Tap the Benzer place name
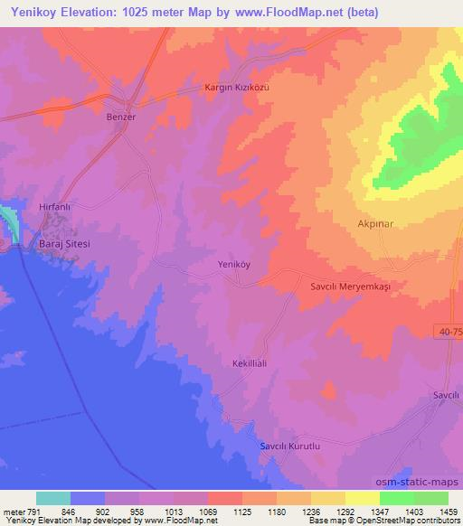pyautogui.click(x=121, y=117)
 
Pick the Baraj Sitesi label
pyautogui.click(x=64, y=245)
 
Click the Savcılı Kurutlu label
pyautogui.click(x=291, y=446)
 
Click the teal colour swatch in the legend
pyautogui.click(x=53, y=498)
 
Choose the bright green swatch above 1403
pyautogui.click(x=397, y=498)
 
